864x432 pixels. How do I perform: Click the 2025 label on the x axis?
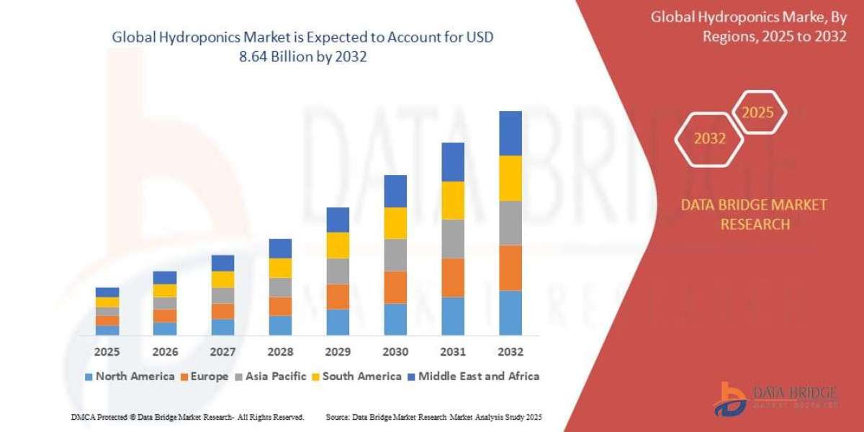click(x=107, y=352)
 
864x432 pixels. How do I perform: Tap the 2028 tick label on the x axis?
click(x=279, y=352)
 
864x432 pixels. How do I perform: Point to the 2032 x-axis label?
click(x=510, y=352)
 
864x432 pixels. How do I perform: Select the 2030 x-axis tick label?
click(x=395, y=352)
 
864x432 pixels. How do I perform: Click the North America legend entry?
click(x=130, y=376)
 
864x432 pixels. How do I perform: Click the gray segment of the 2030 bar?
click(x=395, y=255)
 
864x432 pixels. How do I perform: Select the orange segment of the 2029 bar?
click(x=337, y=297)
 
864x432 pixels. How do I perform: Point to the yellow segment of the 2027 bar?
click(x=222, y=279)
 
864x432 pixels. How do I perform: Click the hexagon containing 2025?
click(x=757, y=113)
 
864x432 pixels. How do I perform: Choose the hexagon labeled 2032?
click(x=709, y=139)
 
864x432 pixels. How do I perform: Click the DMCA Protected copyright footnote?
click(x=187, y=417)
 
